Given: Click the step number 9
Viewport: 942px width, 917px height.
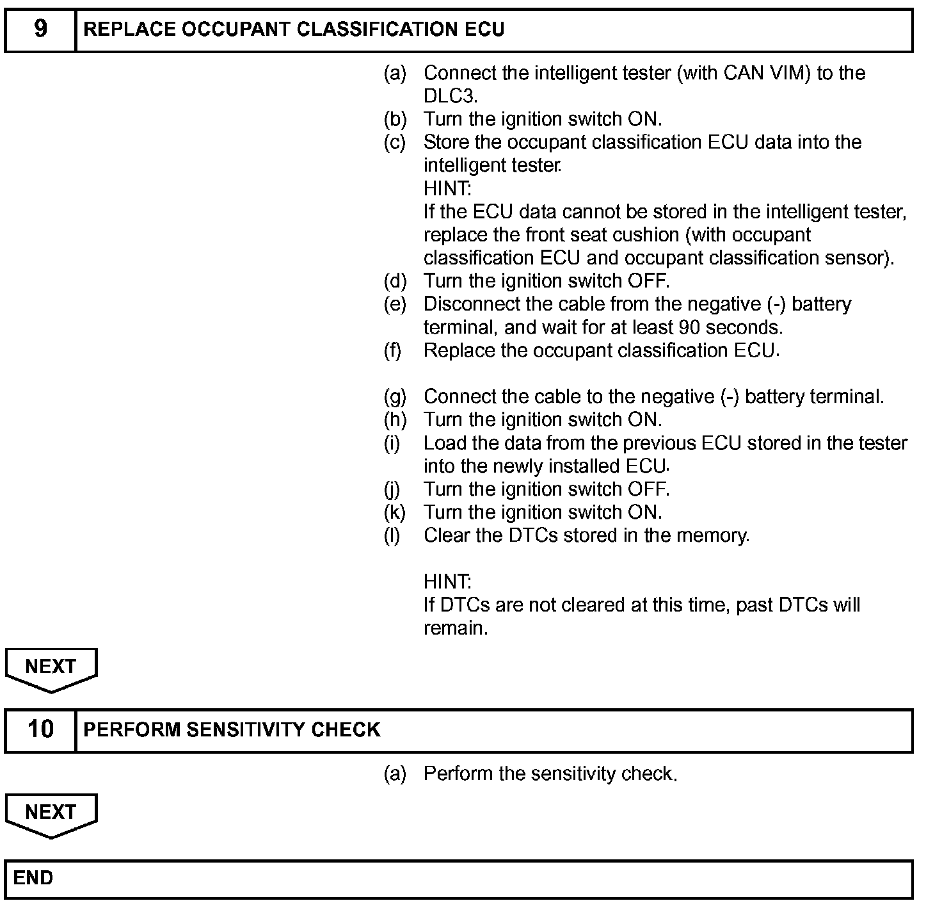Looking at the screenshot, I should pyautogui.click(x=40, y=29).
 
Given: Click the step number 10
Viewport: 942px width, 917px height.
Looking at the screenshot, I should pyautogui.click(x=41, y=729).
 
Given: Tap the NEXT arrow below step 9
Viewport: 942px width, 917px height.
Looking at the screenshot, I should pyautogui.click(x=51, y=669).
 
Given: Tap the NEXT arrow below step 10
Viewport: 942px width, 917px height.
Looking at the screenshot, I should pyautogui.click(x=51, y=815).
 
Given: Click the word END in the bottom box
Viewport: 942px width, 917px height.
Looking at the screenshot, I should pyautogui.click(x=33, y=878).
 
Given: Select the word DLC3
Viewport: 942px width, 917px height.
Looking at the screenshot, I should pyautogui.click(x=450, y=96).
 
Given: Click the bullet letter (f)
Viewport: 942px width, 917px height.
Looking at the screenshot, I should pyautogui.click(x=393, y=350).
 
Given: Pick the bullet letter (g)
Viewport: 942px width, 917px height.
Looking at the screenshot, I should pyautogui.click(x=395, y=397).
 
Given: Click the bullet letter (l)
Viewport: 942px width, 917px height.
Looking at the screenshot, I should pyautogui.click(x=392, y=535).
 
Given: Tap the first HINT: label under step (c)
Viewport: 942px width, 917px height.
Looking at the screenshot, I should pyautogui.click(x=447, y=189).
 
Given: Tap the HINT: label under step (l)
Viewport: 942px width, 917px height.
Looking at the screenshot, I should pyautogui.click(x=447, y=581).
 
